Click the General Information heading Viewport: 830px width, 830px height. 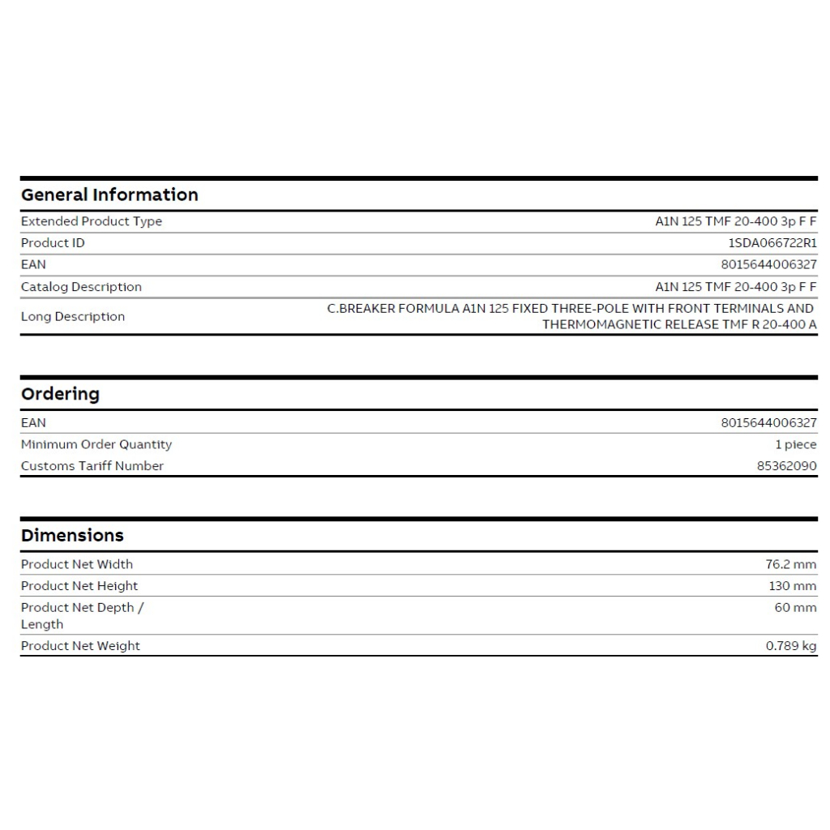109,195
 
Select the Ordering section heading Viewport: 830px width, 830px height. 60,394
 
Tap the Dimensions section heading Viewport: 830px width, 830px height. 72,535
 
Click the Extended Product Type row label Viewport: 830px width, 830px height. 92,221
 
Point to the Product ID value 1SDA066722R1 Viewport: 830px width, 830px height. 772,243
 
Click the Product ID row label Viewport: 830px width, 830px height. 53,243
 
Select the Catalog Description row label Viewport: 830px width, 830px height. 81,287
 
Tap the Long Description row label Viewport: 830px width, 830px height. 73,316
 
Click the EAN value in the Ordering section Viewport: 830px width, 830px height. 768,422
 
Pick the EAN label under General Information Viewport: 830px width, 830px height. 33,264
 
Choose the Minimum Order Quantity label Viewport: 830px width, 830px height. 96,444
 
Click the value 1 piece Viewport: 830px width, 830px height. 796,444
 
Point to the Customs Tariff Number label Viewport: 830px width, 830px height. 92,465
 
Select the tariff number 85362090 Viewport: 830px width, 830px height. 786,466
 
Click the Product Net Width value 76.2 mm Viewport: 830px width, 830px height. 791,564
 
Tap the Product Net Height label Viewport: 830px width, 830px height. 79,586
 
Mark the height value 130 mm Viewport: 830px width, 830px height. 793,586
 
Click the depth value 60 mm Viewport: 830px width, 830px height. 795,607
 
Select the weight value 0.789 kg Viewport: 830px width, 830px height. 791,646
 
